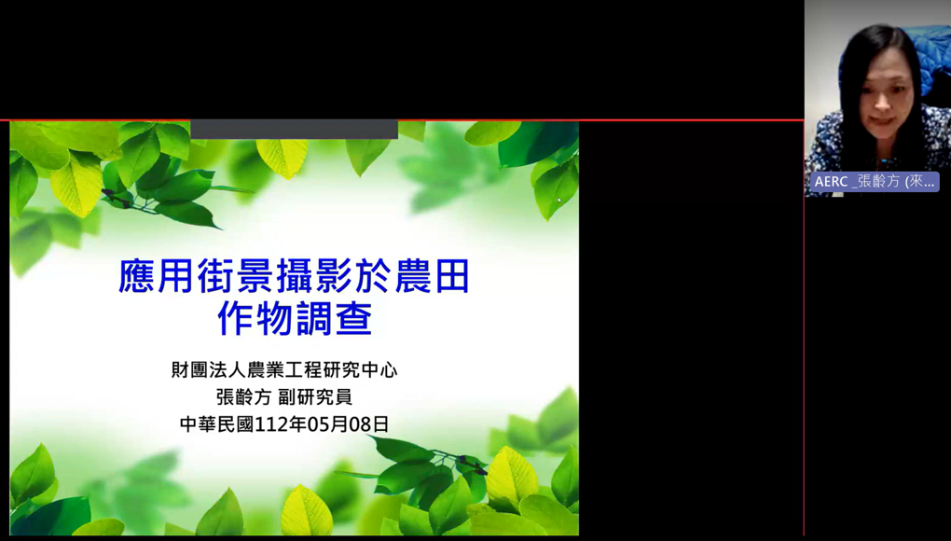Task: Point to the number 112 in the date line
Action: [271, 424]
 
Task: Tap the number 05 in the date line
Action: [319, 424]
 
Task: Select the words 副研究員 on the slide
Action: [315, 396]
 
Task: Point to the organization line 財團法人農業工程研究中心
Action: [284, 369]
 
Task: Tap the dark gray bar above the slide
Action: [294, 129]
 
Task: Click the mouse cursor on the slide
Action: [559, 200]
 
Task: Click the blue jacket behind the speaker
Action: [928, 58]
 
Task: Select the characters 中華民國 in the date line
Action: [217, 424]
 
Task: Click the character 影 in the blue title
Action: [333, 277]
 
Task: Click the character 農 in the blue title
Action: [412, 277]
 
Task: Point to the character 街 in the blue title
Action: [215, 277]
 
